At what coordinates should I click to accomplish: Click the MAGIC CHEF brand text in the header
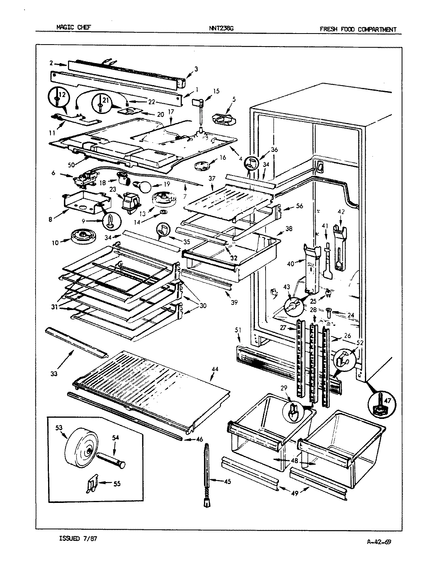73,28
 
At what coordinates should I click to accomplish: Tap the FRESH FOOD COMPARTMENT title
357,29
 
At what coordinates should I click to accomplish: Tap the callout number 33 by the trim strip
54,373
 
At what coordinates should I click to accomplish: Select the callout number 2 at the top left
51,63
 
